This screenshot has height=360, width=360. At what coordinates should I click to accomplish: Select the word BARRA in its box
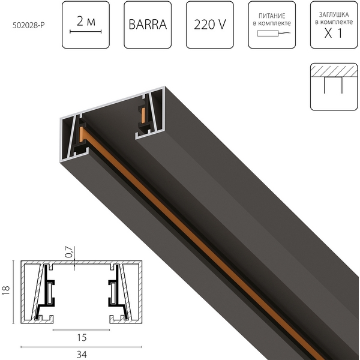(147, 25)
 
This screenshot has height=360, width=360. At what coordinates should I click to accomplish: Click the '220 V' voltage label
(210, 25)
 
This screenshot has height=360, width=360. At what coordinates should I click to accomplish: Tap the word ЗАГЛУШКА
(333, 13)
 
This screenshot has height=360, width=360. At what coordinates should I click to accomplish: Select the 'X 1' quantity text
(333, 34)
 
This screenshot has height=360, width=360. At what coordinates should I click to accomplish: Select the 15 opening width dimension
(80, 338)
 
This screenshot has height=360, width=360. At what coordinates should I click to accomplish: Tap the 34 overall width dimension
(80, 354)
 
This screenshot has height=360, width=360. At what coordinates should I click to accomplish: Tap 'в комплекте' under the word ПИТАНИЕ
(272, 23)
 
